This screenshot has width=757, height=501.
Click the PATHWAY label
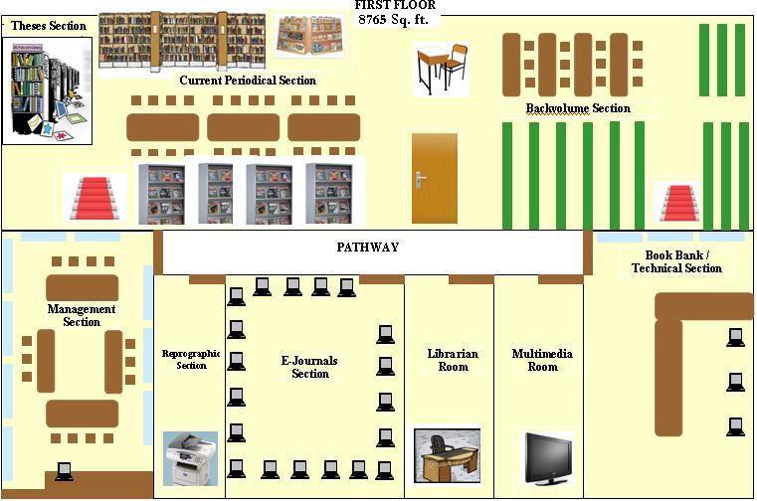pyautogui.click(x=367, y=247)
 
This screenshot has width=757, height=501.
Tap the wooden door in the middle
pyautogui.click(x=434, y=179)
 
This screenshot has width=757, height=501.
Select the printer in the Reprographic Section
pyautogui.click(x=190, y=457)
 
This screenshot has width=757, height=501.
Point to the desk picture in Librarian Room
pyautogui.click(x=447, y=455)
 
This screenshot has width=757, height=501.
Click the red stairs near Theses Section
pyautogui.click(x=95, y=198)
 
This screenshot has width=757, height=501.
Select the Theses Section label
pyautogui.click(x=48, y=26)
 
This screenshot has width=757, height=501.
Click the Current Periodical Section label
pyautogui.click(x=248, y=81)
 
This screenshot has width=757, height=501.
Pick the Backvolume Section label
pyautogui.click(x=578, y=108)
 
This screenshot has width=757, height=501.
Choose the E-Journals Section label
pyautogui.click(x=310, y=367)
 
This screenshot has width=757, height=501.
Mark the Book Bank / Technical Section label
pyautogui.click(x=676, y=261)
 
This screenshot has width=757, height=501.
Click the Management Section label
pyautogui.click(x=82, y=315)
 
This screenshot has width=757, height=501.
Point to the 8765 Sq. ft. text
pyautogui.click(x=393, y=20)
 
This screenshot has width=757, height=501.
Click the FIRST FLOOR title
pyautogui.click(x=394, y=6)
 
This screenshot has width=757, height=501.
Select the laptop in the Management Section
pyautogui.click(x=64, y=471)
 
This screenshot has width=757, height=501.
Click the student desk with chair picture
pyautogui.click(x=441, y=68)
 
